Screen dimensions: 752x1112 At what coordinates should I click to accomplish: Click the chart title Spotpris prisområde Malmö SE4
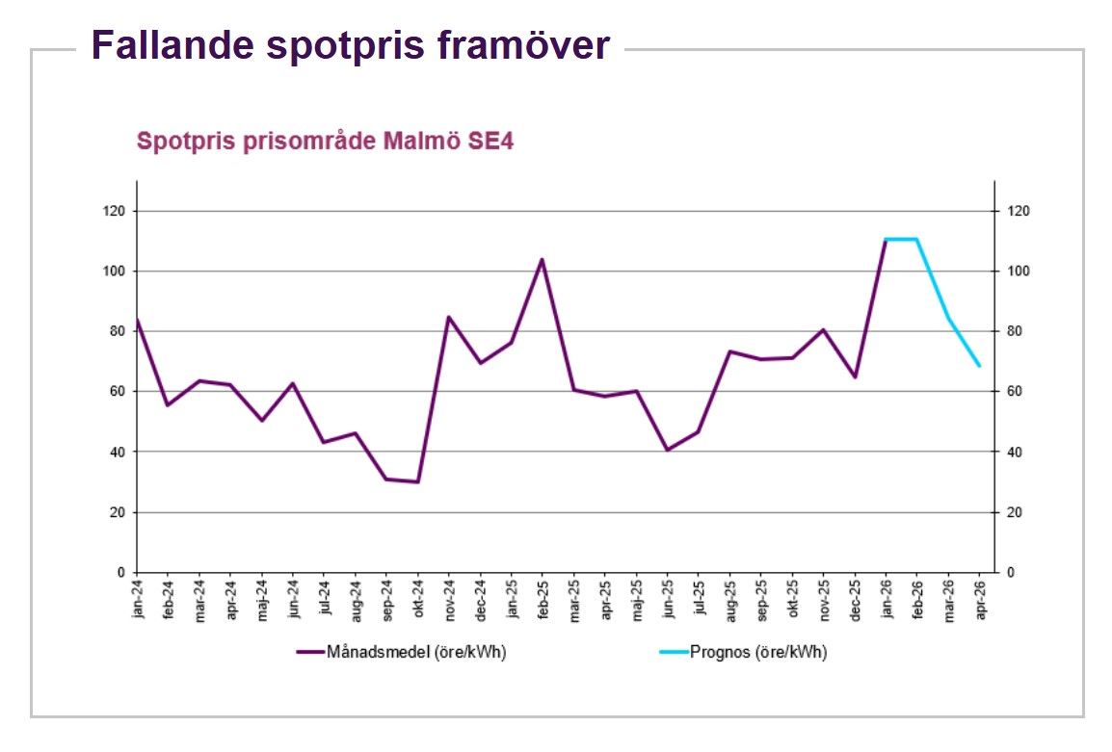point(326,142)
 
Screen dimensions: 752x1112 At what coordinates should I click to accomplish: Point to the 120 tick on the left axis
point(115,211)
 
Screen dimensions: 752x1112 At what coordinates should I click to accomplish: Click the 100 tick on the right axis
point(1019,272)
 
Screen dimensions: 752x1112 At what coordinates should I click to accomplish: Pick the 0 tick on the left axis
point(120,573)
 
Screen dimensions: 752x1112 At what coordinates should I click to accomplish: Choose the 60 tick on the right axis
point(1017,392)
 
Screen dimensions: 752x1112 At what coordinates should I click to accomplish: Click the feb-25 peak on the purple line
point(542,259)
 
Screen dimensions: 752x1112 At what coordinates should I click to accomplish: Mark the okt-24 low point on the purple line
point(417,481)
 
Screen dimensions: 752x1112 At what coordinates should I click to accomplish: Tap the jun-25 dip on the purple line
point(667,450)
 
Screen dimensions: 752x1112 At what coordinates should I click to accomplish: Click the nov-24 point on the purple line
point(449,317)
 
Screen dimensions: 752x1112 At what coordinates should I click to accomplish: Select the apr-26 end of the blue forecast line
point(979,366)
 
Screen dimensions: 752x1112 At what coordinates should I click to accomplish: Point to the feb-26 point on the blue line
point(916,239)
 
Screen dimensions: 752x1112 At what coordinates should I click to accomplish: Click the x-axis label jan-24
point(139,599)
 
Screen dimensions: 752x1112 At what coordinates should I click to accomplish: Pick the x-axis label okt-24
point(419,599)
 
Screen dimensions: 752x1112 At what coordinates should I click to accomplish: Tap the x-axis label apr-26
point(981,599)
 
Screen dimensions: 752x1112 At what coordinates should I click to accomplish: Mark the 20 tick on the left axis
point(118,512)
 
